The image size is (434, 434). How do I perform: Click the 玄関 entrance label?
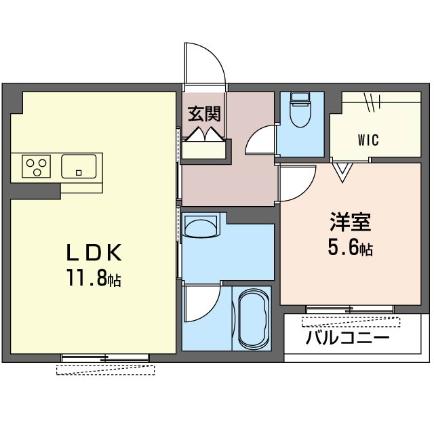point(205,114)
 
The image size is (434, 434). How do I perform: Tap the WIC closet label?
point(368,140)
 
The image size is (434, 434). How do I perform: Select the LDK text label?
point(94,252)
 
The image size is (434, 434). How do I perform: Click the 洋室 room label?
point(351,222)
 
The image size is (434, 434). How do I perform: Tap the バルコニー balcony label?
point(348,338)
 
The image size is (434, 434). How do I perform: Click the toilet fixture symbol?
point(300,110)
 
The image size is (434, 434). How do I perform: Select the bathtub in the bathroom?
point(254,319)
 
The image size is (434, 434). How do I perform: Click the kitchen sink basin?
point(79,166)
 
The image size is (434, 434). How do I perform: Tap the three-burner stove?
point(36,166)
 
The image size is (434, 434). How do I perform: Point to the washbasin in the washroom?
point(201,224)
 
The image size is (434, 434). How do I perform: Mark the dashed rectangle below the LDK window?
point(106,370)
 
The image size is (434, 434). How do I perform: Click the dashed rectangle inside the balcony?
point(351,322)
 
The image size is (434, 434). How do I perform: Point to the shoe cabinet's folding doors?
point(205,135)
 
